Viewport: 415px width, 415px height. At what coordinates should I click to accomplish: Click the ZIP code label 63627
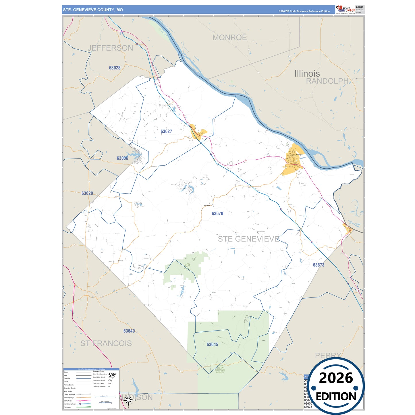166,132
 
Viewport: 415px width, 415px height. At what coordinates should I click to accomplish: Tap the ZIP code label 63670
217,214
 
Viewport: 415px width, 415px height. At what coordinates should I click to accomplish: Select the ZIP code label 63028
115,68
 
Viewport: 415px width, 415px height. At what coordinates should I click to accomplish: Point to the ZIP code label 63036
122,158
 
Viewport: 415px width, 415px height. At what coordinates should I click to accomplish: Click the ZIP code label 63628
87,194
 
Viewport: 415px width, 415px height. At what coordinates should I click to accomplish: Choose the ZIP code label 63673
319,265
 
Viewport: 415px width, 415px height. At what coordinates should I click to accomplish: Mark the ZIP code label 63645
212,345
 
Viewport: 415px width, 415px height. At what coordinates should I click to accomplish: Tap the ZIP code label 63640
129,331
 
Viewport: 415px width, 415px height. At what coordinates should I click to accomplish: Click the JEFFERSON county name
110,48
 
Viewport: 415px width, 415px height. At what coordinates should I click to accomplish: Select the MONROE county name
229,38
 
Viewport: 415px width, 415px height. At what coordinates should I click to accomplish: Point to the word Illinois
307,74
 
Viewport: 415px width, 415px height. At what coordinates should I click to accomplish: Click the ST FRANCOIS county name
106,343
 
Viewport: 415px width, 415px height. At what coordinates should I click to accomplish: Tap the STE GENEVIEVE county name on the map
248,239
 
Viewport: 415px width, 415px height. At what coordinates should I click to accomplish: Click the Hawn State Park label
187,266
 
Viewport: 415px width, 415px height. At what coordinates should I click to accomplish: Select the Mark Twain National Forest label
220,369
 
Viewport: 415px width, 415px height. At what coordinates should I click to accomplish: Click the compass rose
128,400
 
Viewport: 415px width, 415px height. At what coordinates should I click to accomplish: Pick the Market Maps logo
346,9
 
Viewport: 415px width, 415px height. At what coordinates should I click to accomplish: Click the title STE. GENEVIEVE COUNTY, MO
93,10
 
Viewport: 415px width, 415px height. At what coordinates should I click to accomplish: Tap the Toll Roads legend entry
67,407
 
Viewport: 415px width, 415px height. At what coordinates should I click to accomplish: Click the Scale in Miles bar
107,397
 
